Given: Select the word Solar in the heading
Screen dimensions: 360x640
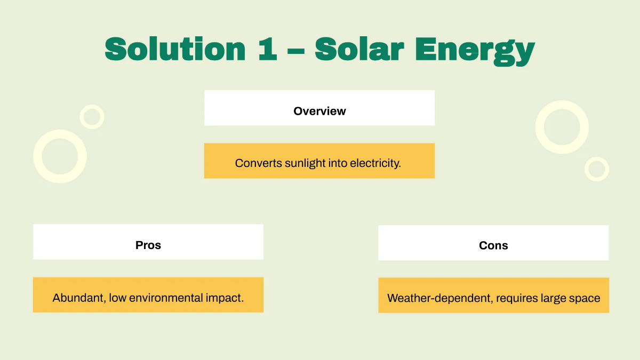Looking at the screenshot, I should pyautogui.click(x=359, y=49).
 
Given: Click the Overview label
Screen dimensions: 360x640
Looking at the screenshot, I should pyautogui.click(x=319, y=111).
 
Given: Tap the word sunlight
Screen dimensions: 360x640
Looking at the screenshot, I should pyautogui.click(x=304, y=163).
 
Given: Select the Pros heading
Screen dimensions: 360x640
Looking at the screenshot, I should pyautogui.click(x=148, y=245).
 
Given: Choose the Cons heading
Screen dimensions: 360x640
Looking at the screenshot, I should pyautogui.click(x=493, y=246).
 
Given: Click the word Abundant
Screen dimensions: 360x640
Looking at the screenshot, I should pyautogui.click(x=78, y=298).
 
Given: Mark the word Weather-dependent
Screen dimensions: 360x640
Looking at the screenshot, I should pyautogui.click(x=439, y=298).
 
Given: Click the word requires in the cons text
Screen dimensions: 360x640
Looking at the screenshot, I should pyautogui.click(x=515, y=298).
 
